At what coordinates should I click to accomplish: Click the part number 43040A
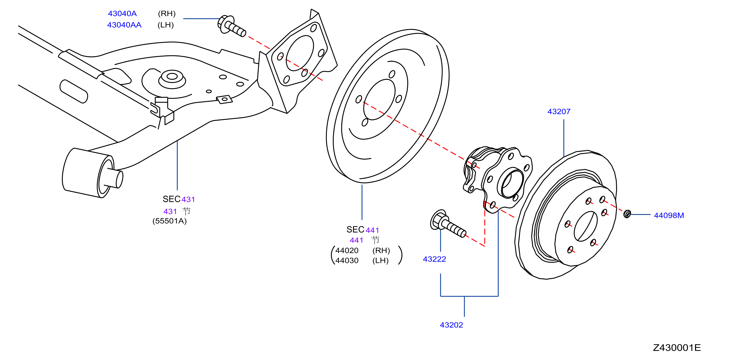point(122,14)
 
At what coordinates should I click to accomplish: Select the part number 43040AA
point(124,25)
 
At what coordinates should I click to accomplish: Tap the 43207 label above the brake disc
point(559,112)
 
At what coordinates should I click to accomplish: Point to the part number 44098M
point(669,215)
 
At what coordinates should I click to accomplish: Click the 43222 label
point(434,259)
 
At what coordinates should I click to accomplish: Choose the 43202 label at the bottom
point(451,325)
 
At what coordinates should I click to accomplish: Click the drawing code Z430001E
point(677,348)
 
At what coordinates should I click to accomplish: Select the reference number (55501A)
point(170,221)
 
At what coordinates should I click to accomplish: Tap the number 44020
point(347,250)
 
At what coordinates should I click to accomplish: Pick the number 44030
point(347,260)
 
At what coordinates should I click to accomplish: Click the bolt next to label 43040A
point(231,25)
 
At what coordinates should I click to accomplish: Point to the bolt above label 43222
point(448,224)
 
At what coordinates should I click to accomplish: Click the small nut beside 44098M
point(627,214)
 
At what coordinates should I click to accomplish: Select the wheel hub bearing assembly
point(498,180)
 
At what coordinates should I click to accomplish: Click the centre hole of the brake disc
point(586,226)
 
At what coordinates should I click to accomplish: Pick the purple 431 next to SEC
point(188,199)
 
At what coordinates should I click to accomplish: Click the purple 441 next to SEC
point(372,230)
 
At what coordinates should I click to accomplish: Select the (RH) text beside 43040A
point(167,14)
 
